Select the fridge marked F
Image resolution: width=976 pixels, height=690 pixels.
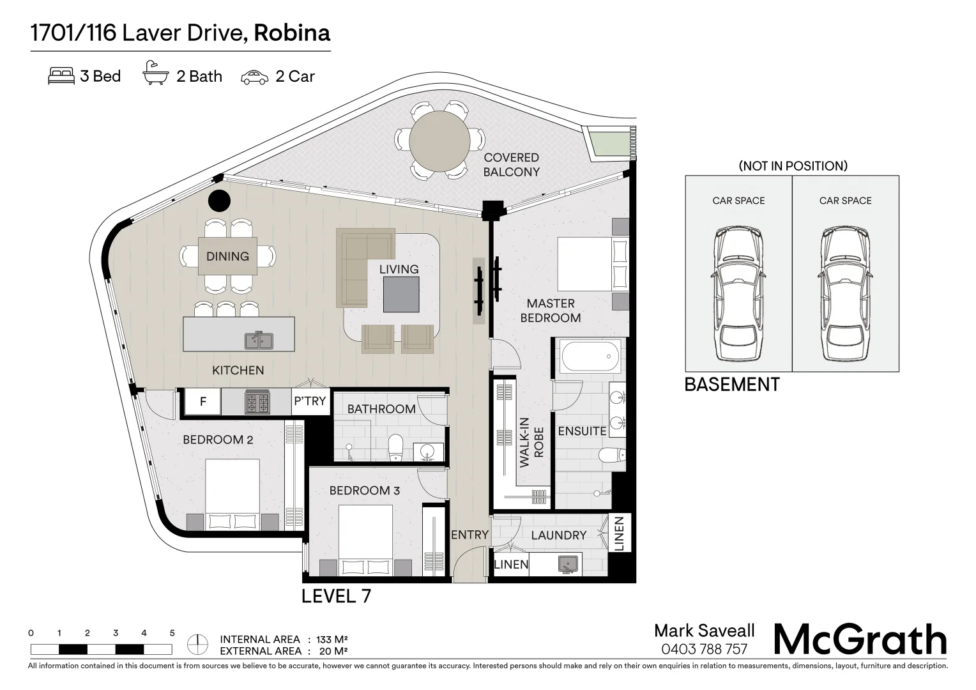click(203, 402)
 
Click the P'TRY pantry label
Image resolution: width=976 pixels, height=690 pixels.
click(310, 401)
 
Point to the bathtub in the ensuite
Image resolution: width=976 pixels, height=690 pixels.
click(590, 358)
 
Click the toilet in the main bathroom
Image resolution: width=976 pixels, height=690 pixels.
click(395, 447)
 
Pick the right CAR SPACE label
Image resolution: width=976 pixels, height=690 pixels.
click(845, 201)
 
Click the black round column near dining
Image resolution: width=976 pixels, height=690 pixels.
click(219, 201)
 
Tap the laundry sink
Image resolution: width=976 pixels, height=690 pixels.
click(567, 563)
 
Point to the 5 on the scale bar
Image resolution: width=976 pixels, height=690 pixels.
click(172, 634)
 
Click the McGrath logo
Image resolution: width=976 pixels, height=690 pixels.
click(860, 640)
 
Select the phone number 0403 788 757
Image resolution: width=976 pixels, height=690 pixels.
click(704, 650)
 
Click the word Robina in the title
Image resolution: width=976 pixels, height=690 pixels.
click(292, 33)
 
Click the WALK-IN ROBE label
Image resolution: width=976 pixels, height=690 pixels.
click(531, 442)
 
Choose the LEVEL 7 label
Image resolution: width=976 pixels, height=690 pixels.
click(336, 596)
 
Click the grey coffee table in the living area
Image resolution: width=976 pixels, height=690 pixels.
click(401, 295)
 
